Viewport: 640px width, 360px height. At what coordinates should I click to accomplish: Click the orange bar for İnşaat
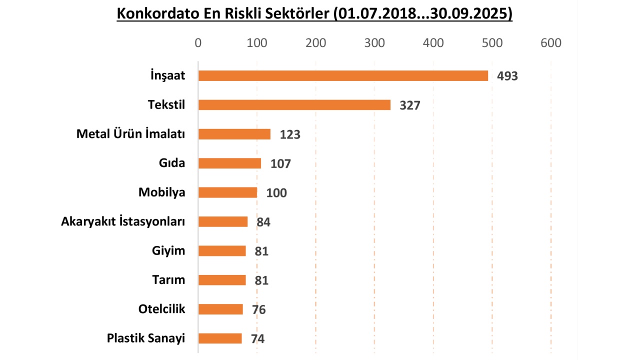pos(343,75)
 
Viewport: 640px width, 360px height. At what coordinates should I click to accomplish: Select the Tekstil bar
pos(294,104)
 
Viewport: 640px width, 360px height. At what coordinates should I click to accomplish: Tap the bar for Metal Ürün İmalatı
pos(234,134)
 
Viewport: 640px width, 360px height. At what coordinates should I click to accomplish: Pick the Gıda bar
pos(229,163)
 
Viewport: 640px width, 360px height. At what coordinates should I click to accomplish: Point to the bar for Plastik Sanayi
pos(220,338)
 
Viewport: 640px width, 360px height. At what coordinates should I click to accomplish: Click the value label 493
pos(507,76)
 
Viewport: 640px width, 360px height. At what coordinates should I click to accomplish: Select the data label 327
pos(410,105)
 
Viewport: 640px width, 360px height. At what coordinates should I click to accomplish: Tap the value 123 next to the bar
pos(290,134)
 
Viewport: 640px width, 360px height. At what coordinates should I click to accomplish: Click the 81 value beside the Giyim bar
pos(261,251)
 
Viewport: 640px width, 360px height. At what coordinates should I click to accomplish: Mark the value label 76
pos(258,309)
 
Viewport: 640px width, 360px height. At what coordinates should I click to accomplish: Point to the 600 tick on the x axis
pos(551,43)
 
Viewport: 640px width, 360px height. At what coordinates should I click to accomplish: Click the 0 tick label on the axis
pos(198,43)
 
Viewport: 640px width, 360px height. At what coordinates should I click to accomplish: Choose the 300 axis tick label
pos(374,43)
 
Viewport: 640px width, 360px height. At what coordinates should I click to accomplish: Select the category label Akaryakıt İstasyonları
pos(123,221)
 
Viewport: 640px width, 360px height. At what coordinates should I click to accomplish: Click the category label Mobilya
pos(161,192)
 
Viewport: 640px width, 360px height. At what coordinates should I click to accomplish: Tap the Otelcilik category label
pos(161,309)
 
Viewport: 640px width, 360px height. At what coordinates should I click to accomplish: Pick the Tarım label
pos(168,280)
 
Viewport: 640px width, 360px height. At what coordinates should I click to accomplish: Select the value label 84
pos(263,222)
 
